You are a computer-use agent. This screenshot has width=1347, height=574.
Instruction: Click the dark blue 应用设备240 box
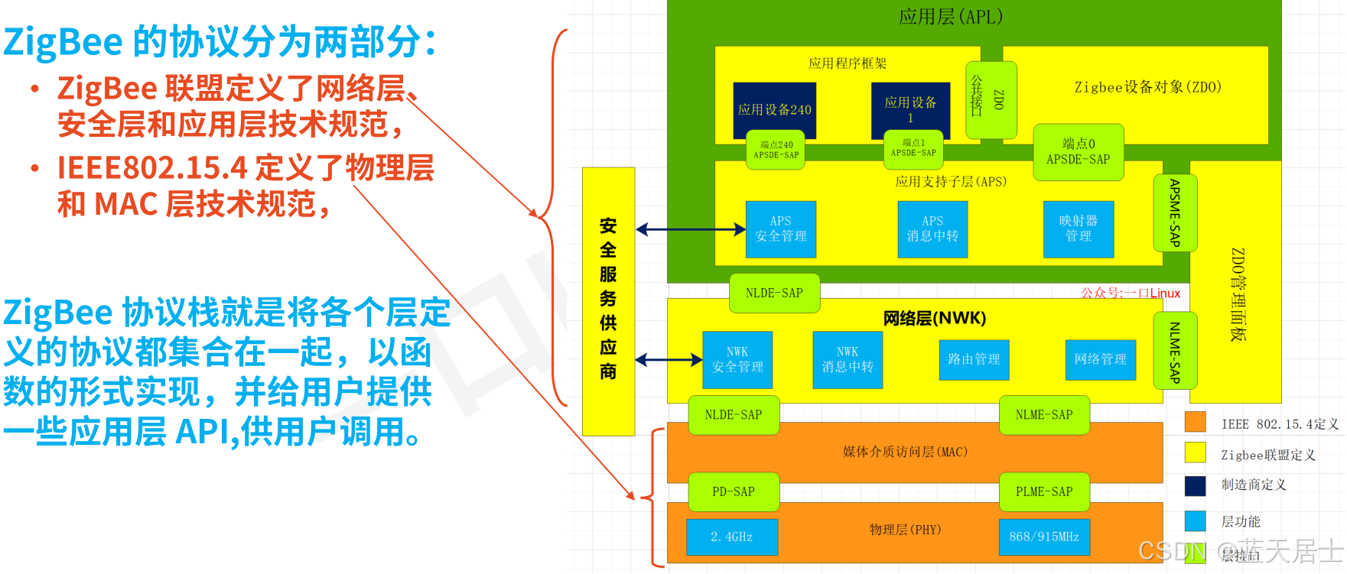[x=774, y=109]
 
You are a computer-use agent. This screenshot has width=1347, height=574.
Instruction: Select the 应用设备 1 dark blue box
[x=910, y=109]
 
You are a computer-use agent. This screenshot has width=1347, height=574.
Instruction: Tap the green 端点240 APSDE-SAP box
[x=776, y=149]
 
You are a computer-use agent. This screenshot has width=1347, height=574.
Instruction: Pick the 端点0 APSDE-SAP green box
[x=1079, y=151]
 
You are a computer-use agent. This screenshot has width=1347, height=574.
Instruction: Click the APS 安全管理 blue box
[x=780, y=229]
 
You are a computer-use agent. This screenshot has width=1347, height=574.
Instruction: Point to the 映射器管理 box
[x=1079, y=229]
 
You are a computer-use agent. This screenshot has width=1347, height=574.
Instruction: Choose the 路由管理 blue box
[x=974, y=359]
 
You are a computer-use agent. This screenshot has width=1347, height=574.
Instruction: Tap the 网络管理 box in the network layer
[x=1100, y=359]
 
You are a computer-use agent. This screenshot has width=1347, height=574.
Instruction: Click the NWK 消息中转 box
[x=848, y=359]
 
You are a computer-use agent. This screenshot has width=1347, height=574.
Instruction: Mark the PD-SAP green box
[x=734, y=491]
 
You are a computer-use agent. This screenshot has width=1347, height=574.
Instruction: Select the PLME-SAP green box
[x=1044, y=491]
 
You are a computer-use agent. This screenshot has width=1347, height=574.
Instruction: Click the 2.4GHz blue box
[x=732, y=537]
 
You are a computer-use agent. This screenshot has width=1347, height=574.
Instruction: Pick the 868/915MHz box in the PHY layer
[x=1044, y=537]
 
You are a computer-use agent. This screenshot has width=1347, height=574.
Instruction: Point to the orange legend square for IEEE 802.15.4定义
[x=1195, y=423]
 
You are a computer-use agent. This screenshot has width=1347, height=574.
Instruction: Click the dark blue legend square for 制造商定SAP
[x=1195, y=485]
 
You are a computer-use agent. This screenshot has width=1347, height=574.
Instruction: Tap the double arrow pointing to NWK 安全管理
[x=669, y=359]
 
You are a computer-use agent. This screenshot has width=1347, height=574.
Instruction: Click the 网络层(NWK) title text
[x=935, y=318]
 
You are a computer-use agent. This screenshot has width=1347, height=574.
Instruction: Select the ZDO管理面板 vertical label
[x=1237, y=294]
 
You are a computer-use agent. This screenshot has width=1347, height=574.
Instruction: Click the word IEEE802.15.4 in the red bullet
[x=152, y=168]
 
